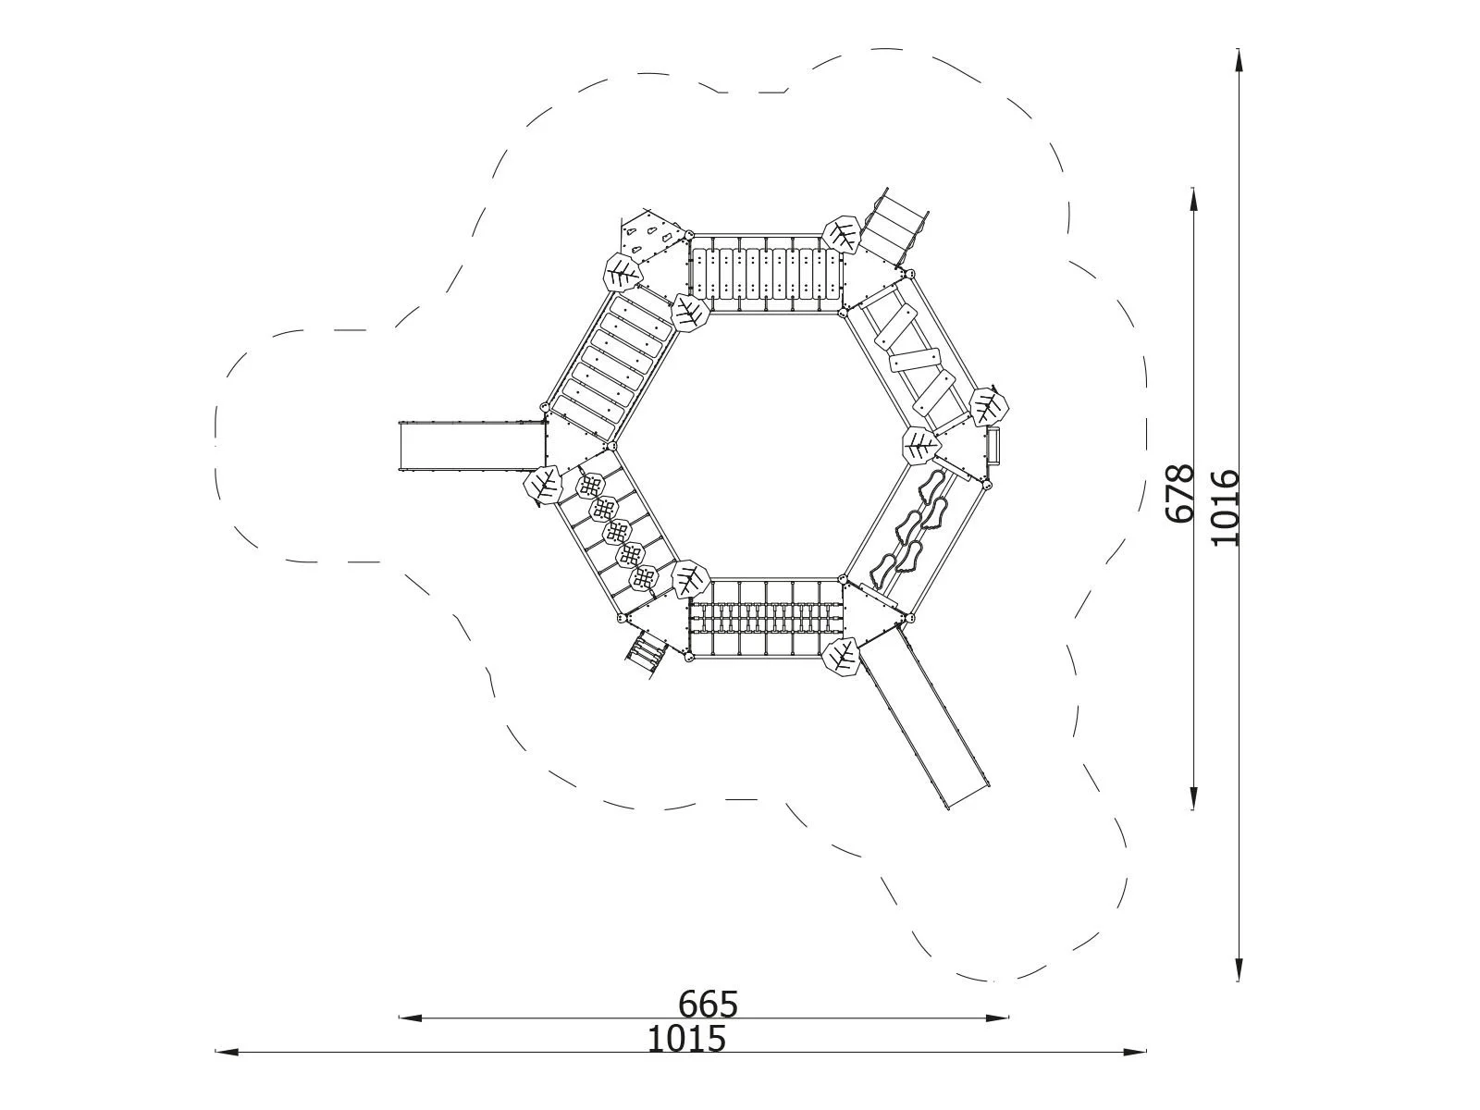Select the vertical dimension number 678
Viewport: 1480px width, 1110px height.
pyautogui.click(x=1180, y=493)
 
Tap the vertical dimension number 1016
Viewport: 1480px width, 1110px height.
pyautogui.click(x=1225, y=508)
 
